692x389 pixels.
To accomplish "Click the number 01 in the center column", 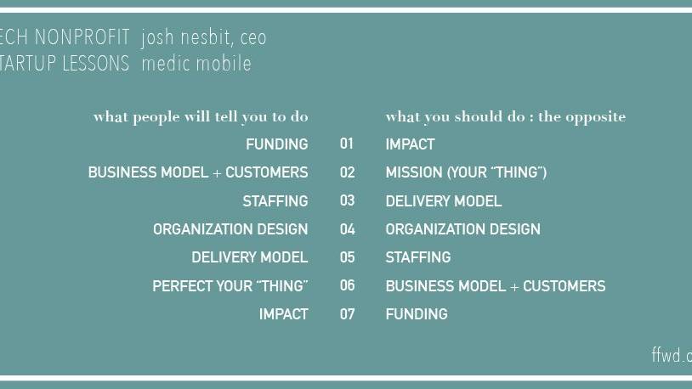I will [347, 144].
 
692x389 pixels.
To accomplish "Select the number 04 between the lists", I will [347, 229].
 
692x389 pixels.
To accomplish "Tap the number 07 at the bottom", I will [347, 314].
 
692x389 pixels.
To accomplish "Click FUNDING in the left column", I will [276, 144].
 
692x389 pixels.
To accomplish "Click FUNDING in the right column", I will [416, 314].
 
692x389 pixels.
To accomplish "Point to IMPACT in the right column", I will [410, 144].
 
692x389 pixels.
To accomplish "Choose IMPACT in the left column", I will [283, 314].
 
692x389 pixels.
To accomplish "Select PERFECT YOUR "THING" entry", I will [230, 286].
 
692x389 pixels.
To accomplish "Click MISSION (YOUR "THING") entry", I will [466, 172].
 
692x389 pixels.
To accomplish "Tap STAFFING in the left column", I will [275, 201].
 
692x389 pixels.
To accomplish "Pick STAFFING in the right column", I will [417, 257].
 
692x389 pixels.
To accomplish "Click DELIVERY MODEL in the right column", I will [443, 201].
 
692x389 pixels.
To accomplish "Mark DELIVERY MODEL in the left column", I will [249, 257].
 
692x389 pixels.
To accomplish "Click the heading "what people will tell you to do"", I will [201, 116].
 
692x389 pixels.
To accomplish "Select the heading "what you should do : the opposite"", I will [505, 116].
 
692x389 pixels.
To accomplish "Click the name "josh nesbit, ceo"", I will [204, 37].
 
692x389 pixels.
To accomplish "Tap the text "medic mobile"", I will [196, 64].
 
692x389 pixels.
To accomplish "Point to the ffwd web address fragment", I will [672, 356].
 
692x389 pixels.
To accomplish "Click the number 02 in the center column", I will [347, 172].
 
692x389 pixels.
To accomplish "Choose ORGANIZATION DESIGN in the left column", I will [230, 229].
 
